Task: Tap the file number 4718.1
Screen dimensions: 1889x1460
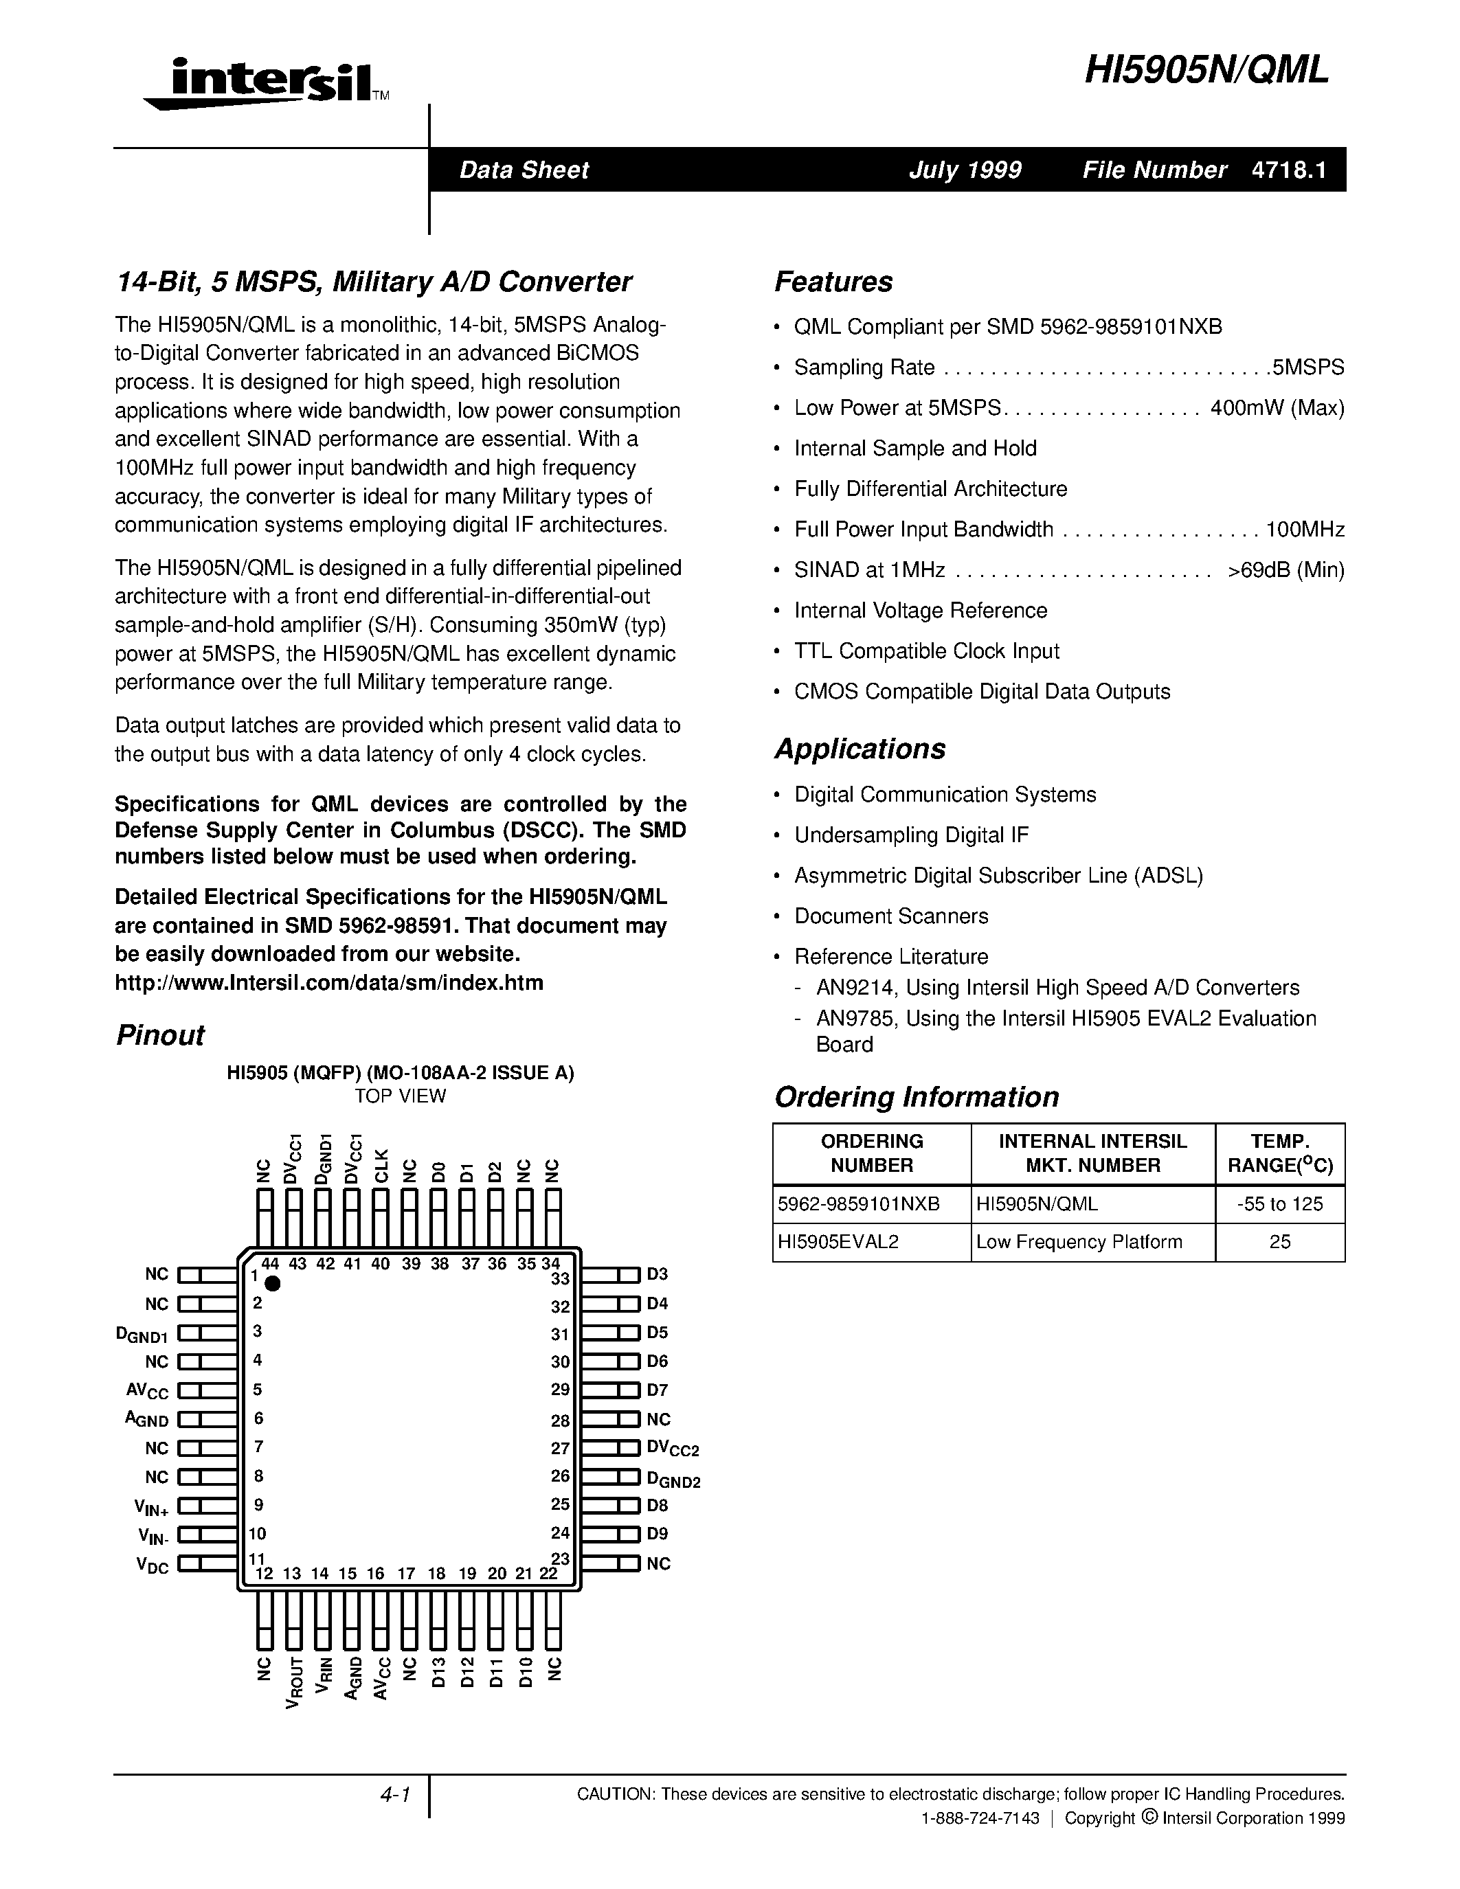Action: coord(1288,170)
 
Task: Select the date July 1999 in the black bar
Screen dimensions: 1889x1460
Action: coord(965,170)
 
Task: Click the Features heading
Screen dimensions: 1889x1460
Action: coord(833,282)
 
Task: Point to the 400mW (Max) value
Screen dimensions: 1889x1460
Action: coord(1277,408)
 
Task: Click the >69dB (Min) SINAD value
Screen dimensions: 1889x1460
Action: coord(1285,570)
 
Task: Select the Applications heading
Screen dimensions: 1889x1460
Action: coord(860,749)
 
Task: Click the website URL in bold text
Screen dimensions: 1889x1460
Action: coord(328,982)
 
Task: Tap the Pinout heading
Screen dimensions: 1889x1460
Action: coord(160,1035)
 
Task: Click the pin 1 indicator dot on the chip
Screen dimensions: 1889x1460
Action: coord(273,1284)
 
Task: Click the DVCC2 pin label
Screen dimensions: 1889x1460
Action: coord(672,1449)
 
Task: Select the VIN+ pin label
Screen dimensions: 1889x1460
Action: coord(150,1506)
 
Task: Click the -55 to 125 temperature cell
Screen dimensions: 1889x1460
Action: coord(1279,1204)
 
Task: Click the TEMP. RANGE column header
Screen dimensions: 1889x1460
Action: coord(1279,1154)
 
